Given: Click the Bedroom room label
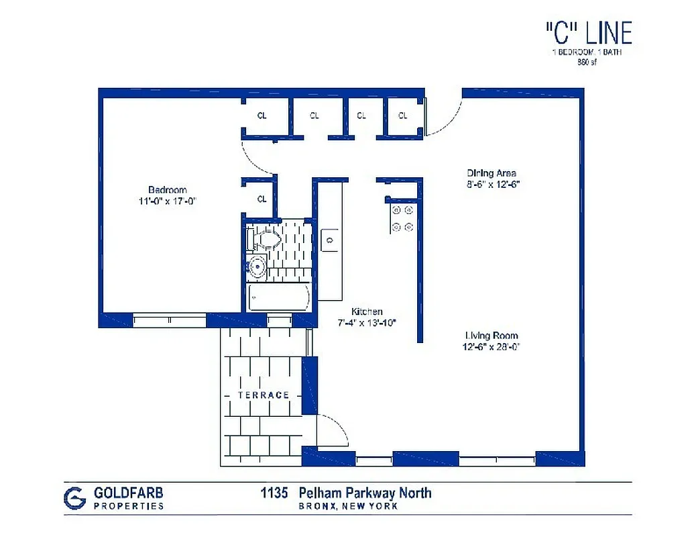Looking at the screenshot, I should coord(167,190).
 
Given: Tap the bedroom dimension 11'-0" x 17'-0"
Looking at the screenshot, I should coord(167,201).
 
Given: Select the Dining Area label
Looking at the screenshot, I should coord(491,173).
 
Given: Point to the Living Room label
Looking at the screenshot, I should coord(491,336).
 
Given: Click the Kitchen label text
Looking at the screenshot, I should coord(367,311).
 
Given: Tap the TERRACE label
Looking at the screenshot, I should coord(264,395).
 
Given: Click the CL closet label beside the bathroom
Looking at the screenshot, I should coord(262,199).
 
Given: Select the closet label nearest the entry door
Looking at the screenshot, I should coord(402,116).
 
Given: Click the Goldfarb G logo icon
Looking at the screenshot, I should coord(75,497).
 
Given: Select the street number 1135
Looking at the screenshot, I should coord(274,493).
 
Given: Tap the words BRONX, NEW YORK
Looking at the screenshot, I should coord(348,506).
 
